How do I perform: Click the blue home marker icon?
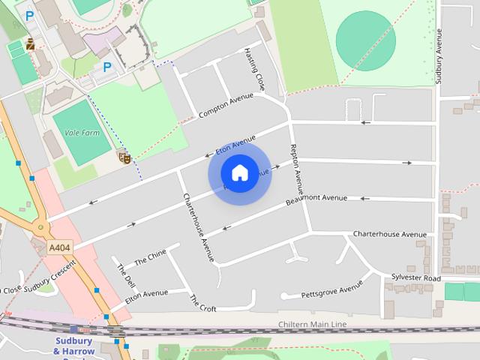239,172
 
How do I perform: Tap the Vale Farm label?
82,133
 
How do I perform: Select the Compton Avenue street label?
226,106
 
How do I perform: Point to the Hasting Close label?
255,68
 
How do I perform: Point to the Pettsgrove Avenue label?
331,291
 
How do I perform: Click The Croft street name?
202,303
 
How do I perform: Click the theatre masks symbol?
124,157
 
